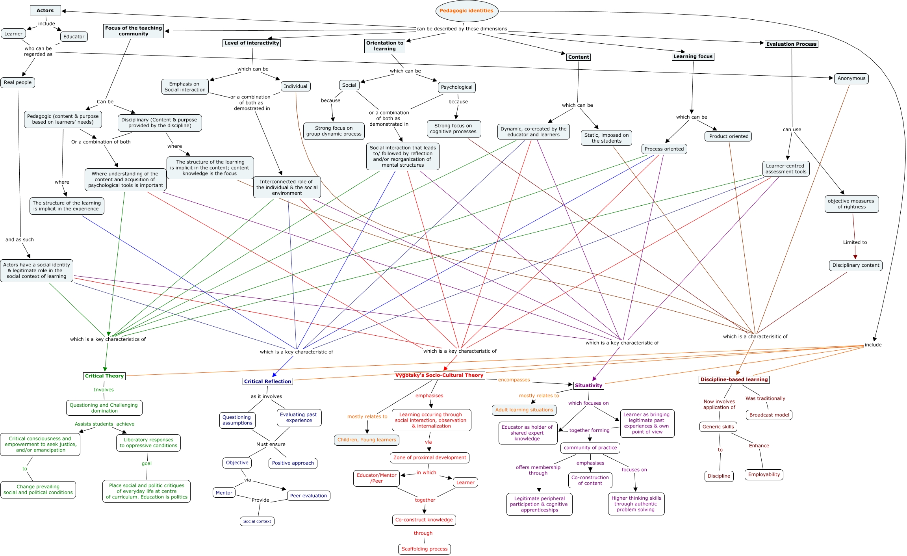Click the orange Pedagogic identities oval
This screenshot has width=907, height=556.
coord(467,11)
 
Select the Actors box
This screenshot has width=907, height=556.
coord(45,11)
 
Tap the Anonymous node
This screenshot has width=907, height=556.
coord(851,78)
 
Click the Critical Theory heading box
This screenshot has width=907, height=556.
coord(104,376)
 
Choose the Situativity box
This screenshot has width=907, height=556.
coord(588,385)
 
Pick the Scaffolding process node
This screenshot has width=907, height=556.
coord(424,549)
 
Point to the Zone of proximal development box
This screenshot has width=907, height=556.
coord(429,457)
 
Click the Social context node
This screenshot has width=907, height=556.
coord(257,521)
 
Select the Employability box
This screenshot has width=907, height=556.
coord(764,474)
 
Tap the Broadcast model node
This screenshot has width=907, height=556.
coord(769,415)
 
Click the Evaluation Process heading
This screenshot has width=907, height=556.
coord(791,44)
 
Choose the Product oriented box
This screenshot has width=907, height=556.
coord(729,136)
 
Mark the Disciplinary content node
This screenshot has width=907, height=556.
coord(855,265)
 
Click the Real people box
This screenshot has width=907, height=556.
coord(18,82)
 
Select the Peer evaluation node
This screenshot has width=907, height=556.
coord(308,496)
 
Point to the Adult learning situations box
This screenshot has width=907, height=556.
coord(524,410)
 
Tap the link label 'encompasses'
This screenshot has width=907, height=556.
coord(514,380)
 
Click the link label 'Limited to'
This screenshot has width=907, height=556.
coord(855,242)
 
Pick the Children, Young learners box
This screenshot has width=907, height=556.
coord(367,440)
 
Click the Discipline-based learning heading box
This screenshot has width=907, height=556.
coord(734,379)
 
